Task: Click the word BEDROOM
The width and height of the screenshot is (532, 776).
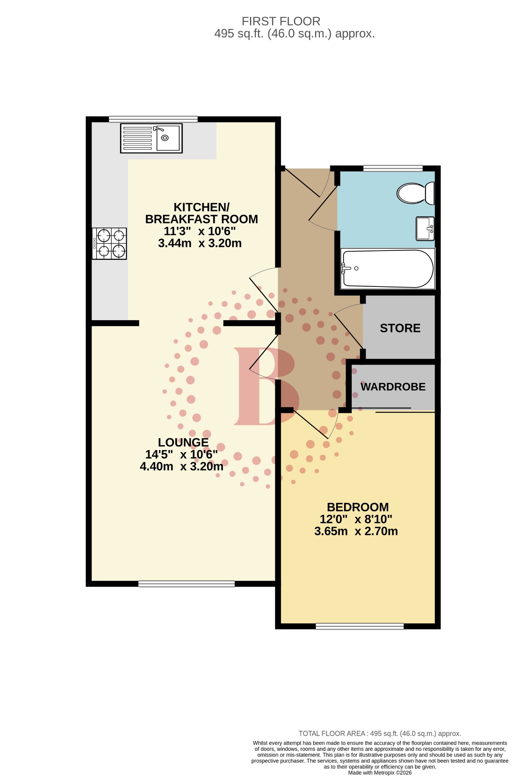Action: click(358, 507)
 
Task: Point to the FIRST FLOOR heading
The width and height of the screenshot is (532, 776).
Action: click(281, 21)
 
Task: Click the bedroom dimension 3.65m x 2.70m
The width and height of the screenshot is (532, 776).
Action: click(356, 531)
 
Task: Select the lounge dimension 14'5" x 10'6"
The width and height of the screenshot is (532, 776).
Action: click(181, 455)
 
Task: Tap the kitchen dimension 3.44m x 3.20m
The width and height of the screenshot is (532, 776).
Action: click(200, 243)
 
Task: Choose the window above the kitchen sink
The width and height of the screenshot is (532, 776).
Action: click(153, 119)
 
